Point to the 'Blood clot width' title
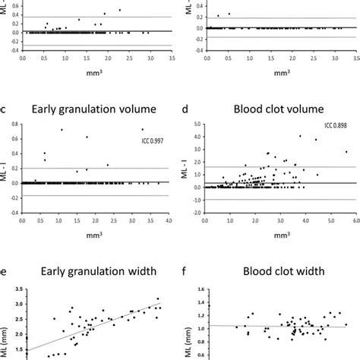tap(269, 267)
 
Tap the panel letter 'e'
tap(7, 267)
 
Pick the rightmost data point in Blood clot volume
tap(346, 152)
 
